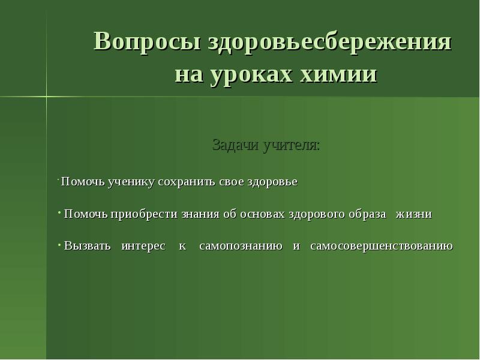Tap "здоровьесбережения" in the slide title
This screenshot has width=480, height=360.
click(x=330, y=43)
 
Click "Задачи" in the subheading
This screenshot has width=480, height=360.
click(x=235, y=146)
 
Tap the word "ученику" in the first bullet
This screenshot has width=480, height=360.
click(x=131, y=182)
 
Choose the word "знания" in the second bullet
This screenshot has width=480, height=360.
click(x=200, y=214)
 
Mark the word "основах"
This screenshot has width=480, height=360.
click(x=262, y=214)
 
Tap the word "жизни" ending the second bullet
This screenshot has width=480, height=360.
click(x=413, y=214)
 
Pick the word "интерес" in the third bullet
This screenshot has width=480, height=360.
click(x=143, y=247)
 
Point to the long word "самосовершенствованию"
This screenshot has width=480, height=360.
click(x=382, y=247)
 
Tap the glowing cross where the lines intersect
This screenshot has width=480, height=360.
click(x=46, y=97)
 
